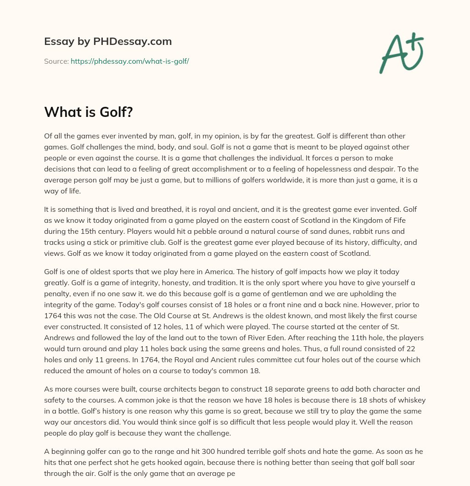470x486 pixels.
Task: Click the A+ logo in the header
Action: pos(401,54)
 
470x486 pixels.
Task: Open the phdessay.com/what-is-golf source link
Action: pos(130,61)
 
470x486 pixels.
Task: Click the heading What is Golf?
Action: pos(89,111)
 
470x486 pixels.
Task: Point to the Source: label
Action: pos(56,61)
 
